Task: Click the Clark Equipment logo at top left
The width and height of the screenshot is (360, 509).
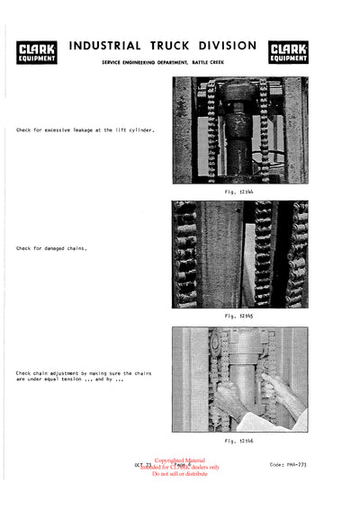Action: point(37,51)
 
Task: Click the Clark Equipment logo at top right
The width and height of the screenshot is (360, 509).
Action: point(288,51)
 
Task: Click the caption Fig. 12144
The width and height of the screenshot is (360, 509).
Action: point(240,192)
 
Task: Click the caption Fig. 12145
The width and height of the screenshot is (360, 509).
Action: point(240,317)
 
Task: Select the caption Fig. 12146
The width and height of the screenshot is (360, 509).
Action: point(240,442)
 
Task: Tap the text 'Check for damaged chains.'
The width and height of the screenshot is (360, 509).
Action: point(55,248)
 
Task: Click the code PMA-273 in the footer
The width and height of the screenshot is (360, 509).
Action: point(289,464)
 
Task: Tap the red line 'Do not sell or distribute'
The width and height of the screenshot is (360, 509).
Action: point(180,474)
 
